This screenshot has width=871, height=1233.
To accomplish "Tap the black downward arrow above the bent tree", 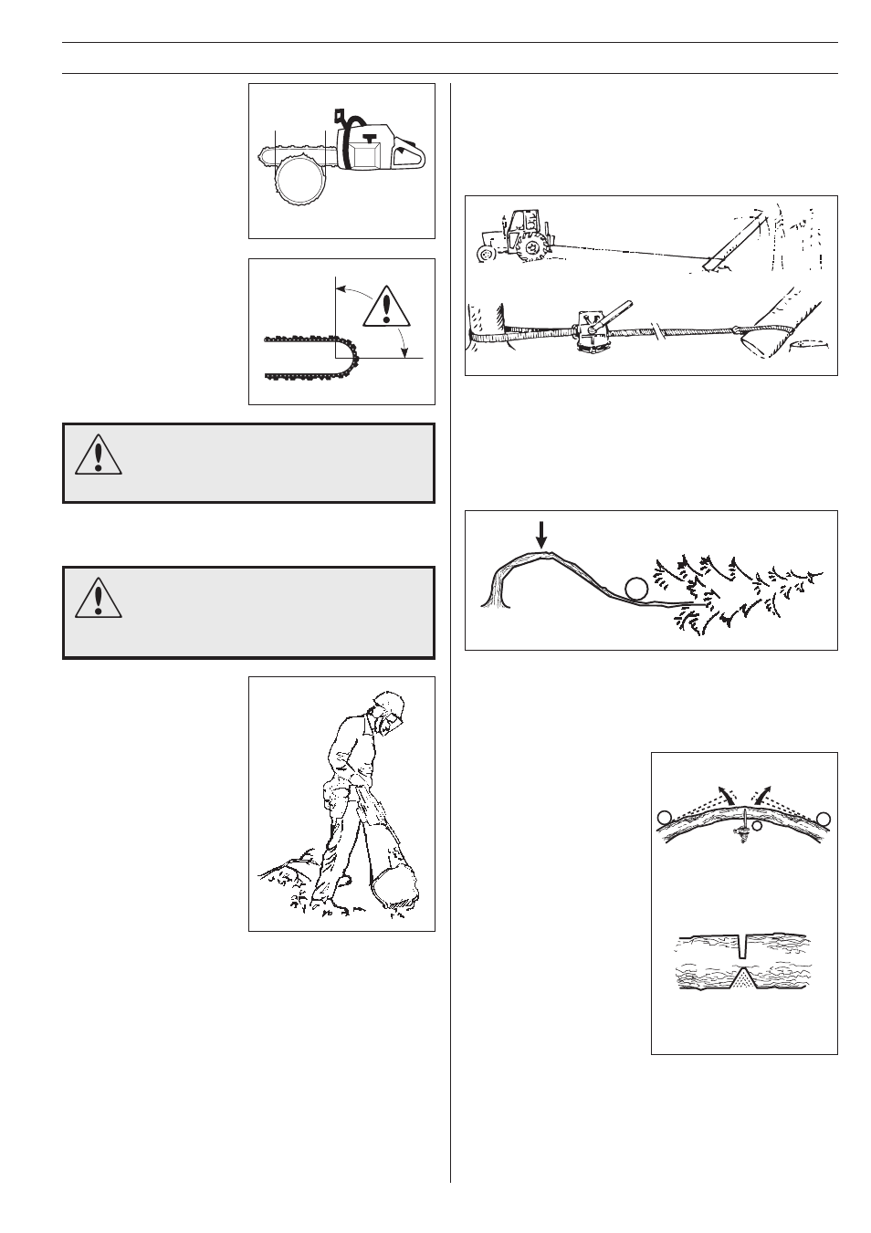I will click(541, 534).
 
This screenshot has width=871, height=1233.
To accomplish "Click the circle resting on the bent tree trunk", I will click(636, 590).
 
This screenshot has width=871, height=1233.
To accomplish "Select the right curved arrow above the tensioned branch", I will click(765, 790).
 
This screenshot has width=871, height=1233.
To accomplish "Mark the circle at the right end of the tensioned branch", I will click(824, 818).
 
